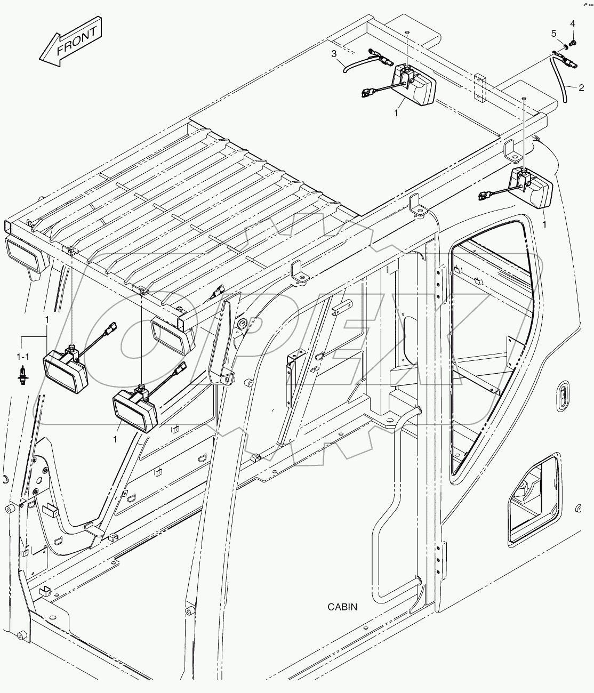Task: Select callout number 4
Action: point(573,23)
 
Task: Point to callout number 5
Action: point(554,34)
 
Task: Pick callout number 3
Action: point(334,53)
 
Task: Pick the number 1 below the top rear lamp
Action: point(396,114)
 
